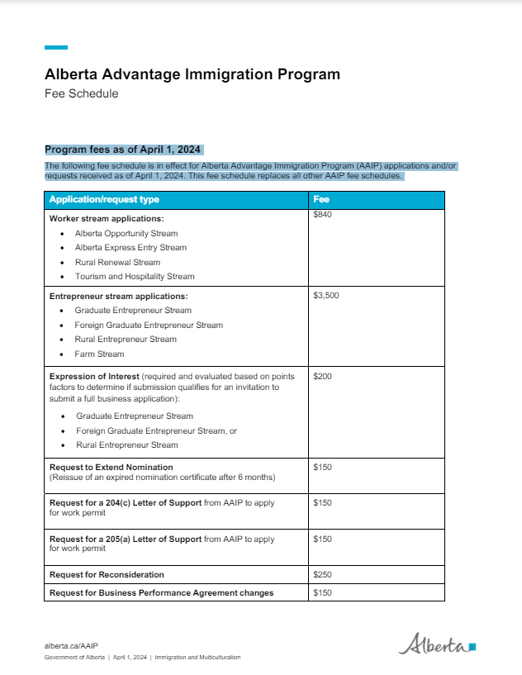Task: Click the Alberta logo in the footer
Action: [437, 644]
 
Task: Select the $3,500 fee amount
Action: [326, 295]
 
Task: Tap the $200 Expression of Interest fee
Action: [322, 376]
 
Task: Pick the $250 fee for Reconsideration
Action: [322, 574]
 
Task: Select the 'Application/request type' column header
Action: [104, 200]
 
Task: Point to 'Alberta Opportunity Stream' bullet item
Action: [126, 234]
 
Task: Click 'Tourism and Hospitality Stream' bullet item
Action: [135, 277]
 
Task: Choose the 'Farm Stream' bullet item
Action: [99, 354]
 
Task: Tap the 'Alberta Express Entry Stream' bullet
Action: [130, 248]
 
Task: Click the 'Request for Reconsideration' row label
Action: [107, 574]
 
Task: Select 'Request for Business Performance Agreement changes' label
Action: [161, 592]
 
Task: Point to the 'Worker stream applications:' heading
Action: [107, 219]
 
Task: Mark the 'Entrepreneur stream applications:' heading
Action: [118, 296]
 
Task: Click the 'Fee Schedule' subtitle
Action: [81, 93]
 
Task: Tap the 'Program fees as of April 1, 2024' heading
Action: [123, 150]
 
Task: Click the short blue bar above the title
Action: [56, 48]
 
